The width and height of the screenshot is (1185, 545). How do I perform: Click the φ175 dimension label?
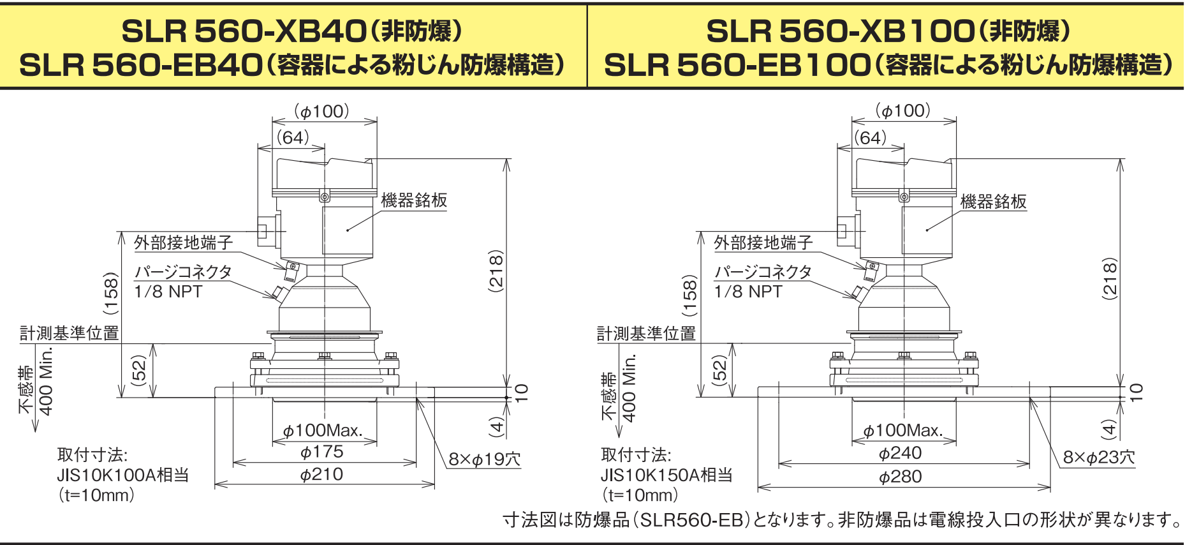322,452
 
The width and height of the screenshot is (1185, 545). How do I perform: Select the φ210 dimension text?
322,475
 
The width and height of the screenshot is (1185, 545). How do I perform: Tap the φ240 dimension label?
901,453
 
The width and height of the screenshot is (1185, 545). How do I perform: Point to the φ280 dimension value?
901,477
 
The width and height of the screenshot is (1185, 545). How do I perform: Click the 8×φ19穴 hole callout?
485,459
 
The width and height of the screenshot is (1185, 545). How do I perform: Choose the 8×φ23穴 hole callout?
1099,458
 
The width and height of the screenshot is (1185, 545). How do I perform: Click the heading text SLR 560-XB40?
244,31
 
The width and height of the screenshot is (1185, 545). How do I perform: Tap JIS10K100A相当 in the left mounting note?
123,475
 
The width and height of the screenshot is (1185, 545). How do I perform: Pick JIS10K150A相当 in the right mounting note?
666,475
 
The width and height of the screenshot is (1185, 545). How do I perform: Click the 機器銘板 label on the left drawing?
415,200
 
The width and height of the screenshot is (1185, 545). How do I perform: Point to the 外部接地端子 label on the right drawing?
763,243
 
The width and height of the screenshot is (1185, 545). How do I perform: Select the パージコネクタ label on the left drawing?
183,272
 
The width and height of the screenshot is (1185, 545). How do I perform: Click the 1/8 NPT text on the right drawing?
748,292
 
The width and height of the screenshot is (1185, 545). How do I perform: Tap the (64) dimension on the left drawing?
293,137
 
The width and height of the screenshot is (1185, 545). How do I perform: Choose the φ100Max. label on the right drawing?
903,431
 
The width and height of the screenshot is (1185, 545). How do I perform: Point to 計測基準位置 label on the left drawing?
70,333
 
